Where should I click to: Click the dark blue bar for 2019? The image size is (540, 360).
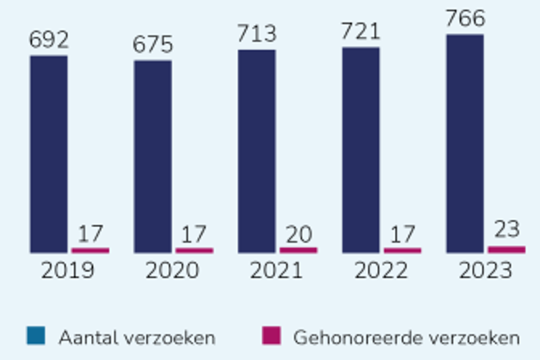coord(49,154)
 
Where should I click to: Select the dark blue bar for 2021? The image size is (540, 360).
coord(256,151)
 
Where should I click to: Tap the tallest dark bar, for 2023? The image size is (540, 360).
coord(464,143)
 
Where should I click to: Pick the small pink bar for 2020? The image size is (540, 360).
coord(194,250)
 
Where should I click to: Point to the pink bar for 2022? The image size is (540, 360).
coord(402,250)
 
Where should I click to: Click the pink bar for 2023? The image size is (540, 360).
coord(506,249)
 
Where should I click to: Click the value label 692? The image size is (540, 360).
coord(49,41)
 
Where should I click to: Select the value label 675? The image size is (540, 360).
coord(153,46)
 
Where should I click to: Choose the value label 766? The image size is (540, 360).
coord(464,19)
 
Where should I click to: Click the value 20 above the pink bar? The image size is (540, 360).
coord(298,234)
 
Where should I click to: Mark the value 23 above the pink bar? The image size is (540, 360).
coord(506,230)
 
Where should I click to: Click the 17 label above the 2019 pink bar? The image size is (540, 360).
coord(90,234)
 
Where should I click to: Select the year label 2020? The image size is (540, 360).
coord(172,271)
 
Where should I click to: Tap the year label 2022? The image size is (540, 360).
coord(381,271)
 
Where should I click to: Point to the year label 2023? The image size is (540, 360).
coord(485,271)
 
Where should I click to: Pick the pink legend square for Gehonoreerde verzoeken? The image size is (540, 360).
coord(271,336)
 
